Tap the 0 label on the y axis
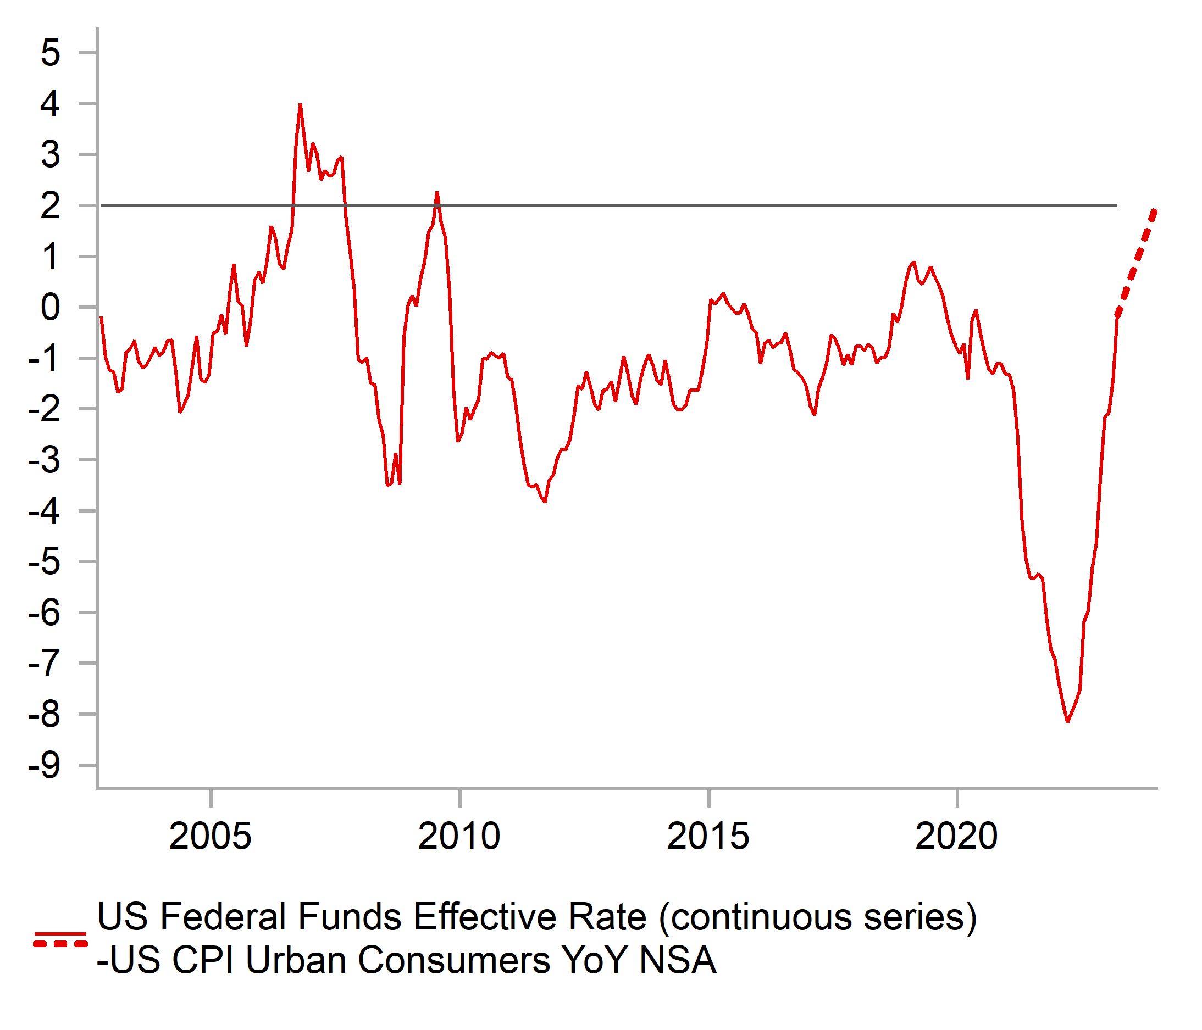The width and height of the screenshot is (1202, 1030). (51, 308)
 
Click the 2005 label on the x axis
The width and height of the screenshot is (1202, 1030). (210, 836)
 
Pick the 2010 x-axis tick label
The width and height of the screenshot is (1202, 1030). (459, 836)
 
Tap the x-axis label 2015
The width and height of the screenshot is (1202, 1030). (708, 836)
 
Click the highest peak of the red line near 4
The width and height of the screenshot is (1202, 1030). (300, 105)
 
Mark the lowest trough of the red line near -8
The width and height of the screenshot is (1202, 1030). (1067, 721)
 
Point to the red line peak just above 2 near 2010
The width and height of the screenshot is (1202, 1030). (437, 193)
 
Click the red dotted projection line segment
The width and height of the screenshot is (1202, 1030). (1137, 261)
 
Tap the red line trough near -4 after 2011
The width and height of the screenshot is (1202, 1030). (545, 501)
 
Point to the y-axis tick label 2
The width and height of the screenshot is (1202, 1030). (51, 206)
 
